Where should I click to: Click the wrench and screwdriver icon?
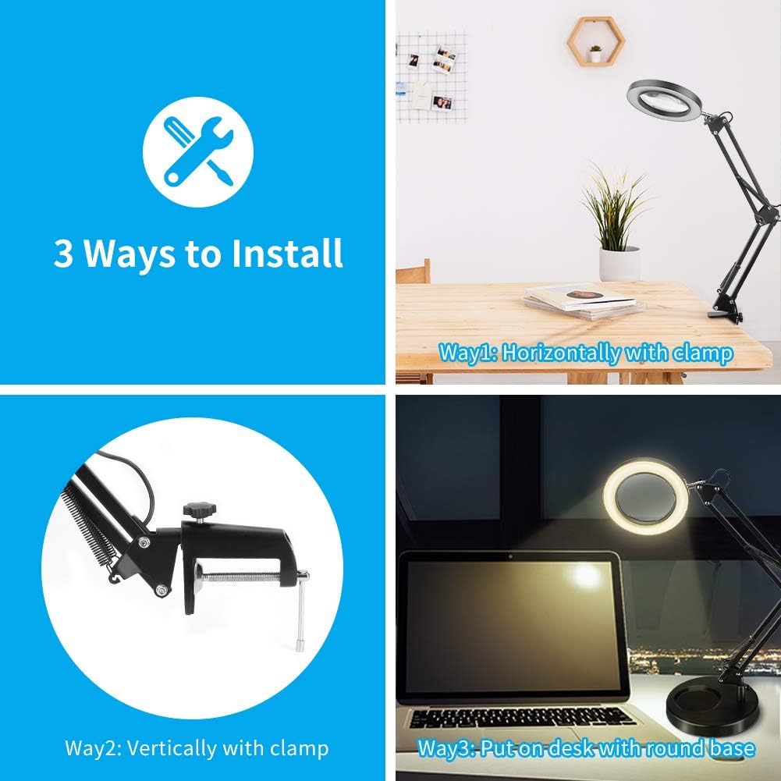coord(197,152)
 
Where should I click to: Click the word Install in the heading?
coord(287,253)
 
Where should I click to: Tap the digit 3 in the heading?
coord(62,254)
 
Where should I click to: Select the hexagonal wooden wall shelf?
coord(596,41)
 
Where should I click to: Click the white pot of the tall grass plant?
coord(619,264)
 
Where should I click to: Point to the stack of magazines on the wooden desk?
coord(584,300)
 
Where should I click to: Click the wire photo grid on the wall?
coord(431,76)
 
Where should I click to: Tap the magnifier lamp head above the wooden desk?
coord(663,100)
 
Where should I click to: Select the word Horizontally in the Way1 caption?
coord(561,353)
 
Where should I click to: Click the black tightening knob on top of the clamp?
coord(200,510)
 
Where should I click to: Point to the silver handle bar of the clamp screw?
coord(301,612)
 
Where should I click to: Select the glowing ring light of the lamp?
coord(645,496)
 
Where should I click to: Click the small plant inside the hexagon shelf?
coord(595,53)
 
